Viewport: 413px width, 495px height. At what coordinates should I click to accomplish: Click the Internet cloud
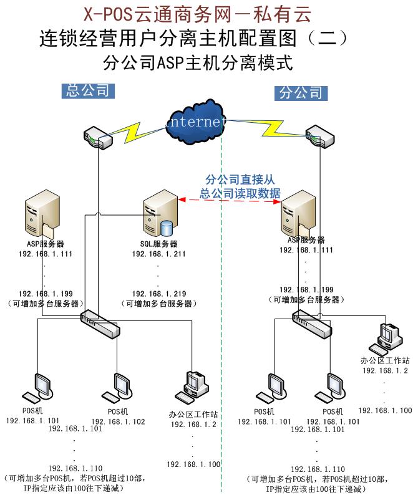pyautogui.click(x=194, y=120)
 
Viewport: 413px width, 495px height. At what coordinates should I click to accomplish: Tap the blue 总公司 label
pyautogui.click(x=89, y=90)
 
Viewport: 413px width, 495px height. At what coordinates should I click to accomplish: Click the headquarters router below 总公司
pyautogui.click(x=98, y=137)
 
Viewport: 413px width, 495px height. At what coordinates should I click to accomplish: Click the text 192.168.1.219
pyautogui.click(x=158, y=292)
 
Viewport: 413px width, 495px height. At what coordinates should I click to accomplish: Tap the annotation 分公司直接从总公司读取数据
pyautogui.click(x=239, y=186)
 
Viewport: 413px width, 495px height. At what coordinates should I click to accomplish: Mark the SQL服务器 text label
pyautogui.click(x=158, y=244)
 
